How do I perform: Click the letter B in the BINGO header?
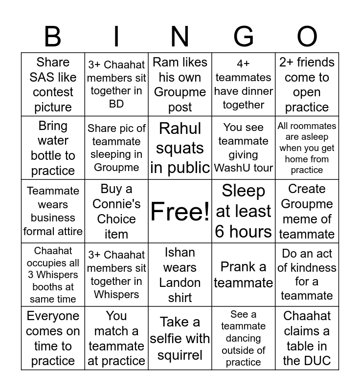coord(53,37)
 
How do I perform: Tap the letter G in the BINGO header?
coord(243,37)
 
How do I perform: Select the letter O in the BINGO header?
coord(307,37)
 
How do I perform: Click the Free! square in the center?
coord(180,211)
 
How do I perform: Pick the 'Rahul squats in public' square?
coord(180,148)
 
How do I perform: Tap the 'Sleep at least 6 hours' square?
coord(244,211)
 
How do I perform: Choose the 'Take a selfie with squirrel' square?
coord(180,338)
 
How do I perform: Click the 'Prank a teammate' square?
coord(244,275)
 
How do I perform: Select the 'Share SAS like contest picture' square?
coord(53,84)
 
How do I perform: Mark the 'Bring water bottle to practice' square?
coord(53,148)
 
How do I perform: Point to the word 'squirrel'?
coord(180,355)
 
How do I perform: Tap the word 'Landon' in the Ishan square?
coord(180,282)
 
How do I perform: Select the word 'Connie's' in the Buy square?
coord(116,204)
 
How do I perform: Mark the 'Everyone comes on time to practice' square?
coord(53,338)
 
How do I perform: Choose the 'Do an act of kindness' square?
coord(307,275)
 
